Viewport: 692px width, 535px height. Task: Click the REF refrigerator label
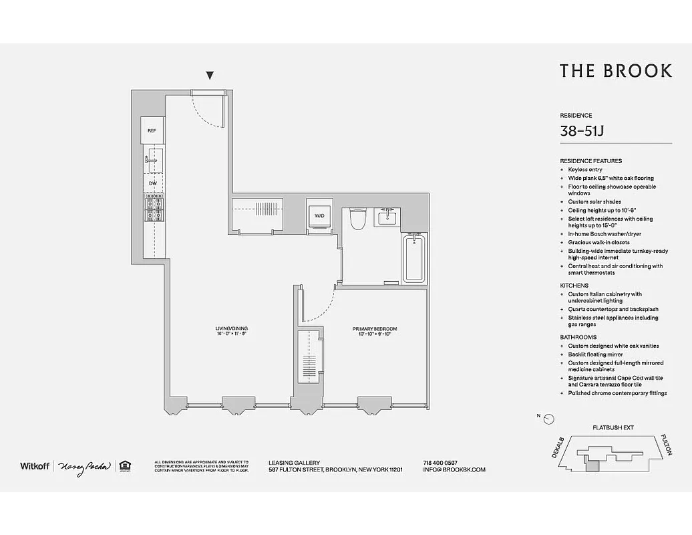pos(152,130)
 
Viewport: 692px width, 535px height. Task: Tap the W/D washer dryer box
pos(319,215)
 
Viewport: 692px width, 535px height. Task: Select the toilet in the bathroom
pos(358,219)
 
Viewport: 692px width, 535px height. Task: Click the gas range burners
pos(154,209)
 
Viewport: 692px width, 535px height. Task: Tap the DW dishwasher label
pos(153,183)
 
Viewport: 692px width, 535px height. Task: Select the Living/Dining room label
pos(232,329)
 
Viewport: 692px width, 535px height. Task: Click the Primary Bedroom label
pos(375,329)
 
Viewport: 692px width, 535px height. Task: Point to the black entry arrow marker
pos(210,76)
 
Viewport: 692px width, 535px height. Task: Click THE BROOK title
pos(615,71)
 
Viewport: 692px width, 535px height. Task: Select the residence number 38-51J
pos(582,131)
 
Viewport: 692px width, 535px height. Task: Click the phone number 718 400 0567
pos(440,462)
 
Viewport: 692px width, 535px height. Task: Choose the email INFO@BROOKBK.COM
pos(454,469)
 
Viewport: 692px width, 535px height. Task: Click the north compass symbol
pos(548,419)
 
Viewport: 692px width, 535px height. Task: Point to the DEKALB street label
pos(559,448)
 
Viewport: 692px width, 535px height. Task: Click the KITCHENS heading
pos(574,286)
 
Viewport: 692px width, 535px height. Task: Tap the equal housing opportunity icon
pos(124,466)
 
